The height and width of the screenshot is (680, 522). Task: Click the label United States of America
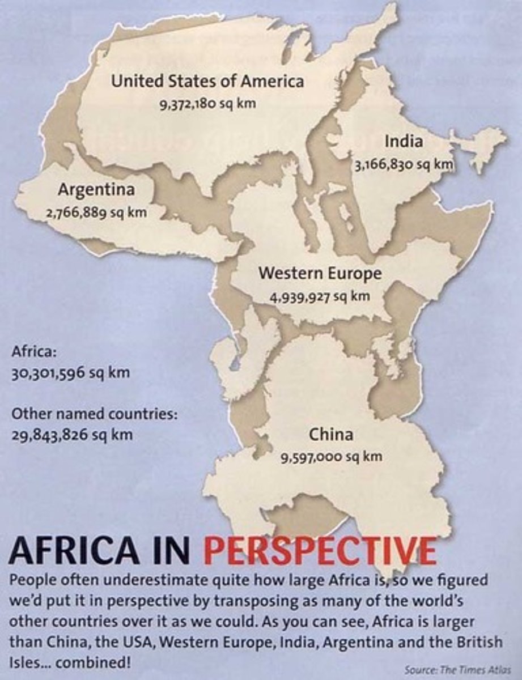click(x=207, y=80)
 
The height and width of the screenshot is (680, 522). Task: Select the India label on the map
click(x=404, y=141)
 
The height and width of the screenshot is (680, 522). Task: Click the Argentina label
click(x=96, y=189)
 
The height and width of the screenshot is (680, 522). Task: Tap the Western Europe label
click(x=320, y=273)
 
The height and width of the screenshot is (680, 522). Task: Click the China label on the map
click(x=331, y=434)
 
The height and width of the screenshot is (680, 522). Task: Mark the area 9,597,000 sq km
click(x=332, y=457)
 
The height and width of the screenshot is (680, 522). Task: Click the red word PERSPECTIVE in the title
click(x=320, y=549)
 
